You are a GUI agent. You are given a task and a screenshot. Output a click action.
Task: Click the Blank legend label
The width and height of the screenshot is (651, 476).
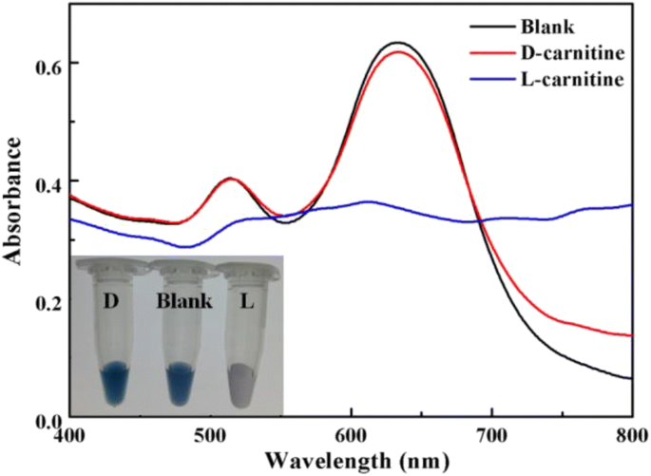click(547, 27)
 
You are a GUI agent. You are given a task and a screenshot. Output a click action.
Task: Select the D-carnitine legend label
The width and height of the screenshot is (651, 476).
click(572, 52)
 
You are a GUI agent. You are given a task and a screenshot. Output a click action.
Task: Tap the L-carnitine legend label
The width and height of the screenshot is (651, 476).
click(572, 79)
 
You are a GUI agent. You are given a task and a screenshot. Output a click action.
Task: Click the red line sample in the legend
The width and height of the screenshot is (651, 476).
click(493, 53)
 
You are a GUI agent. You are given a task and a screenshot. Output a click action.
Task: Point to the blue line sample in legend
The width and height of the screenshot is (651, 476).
click(493, 79)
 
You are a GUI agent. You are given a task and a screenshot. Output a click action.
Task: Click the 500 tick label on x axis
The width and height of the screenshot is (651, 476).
click(211, 435)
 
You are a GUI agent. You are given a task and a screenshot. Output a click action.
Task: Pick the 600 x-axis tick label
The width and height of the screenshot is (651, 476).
click(352, 435)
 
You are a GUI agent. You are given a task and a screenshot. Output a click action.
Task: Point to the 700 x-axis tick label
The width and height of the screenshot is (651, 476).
click(492, 435)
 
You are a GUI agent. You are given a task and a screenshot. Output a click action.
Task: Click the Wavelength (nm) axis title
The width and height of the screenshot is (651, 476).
click(357, 461)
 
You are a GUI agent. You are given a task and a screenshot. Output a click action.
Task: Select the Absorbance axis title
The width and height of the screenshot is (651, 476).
click(12, 200)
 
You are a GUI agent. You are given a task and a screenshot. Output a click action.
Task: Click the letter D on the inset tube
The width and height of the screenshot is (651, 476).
click(111, 301)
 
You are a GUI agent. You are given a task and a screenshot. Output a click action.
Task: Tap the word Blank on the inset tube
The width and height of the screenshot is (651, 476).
click(184, 301)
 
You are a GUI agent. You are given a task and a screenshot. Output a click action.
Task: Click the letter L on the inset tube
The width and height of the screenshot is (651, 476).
click(247, 301)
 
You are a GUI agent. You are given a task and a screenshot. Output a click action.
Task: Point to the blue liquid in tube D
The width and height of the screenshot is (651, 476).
click(114, 383)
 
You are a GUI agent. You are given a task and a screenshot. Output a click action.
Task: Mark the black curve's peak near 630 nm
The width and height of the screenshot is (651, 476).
click(397, 43)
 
